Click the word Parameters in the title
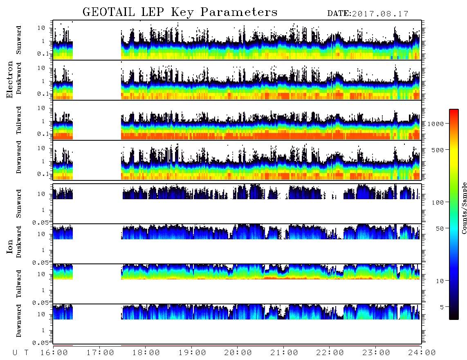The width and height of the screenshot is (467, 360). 239,12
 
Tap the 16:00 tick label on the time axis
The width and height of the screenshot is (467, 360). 54,353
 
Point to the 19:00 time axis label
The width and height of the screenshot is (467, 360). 192,353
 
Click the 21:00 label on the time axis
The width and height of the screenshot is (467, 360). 284,353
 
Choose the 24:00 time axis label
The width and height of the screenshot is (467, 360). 422,353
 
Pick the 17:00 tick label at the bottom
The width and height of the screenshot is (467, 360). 100,353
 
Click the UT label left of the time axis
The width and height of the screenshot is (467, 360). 21,353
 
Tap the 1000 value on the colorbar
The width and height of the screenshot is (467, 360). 436,124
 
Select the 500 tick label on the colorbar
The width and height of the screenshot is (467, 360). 438,150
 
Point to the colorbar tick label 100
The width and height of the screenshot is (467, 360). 438,202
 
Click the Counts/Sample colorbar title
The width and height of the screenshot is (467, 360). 464,208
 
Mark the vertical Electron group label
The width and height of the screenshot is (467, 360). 9,79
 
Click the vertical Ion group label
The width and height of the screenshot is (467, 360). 9,246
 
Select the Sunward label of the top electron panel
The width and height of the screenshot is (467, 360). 19,40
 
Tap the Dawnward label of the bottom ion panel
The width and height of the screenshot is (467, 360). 19,320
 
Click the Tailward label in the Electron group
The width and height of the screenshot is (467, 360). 19,120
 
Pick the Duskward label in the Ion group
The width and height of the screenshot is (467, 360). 19,242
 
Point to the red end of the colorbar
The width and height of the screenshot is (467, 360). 454,111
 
